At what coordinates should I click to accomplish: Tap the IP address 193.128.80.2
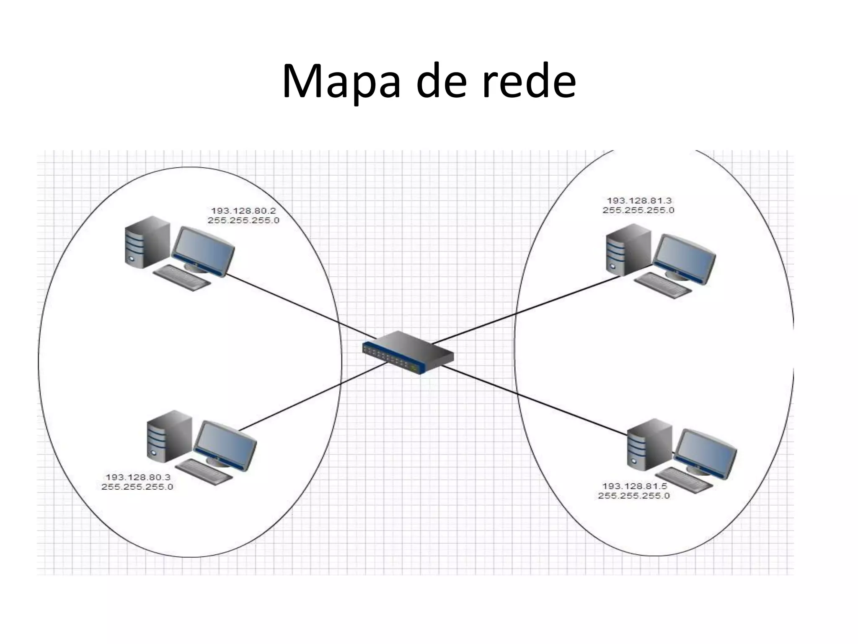pos(243,211)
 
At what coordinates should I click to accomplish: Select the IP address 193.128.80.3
pos(138,477)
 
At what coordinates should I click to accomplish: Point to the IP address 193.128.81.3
pos(639,201)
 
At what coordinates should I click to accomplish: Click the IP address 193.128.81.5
pos(634,486)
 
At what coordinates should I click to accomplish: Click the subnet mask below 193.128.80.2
pos(243,221)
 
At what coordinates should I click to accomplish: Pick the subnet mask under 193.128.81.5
pos(634,496)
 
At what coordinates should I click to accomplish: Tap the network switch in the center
pos(408,353)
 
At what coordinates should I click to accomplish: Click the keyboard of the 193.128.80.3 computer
pos(204,472)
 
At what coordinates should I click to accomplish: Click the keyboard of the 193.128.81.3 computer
pos(662,286)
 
